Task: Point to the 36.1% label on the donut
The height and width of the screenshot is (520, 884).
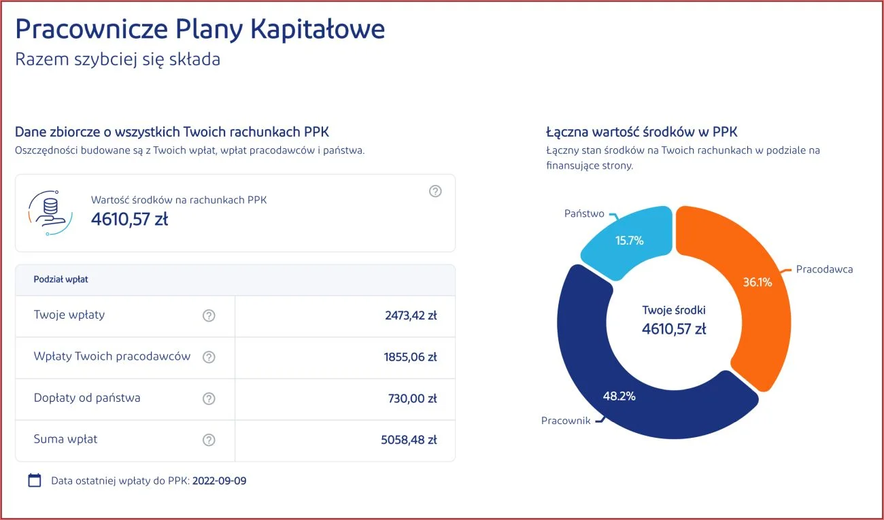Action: [758, 282]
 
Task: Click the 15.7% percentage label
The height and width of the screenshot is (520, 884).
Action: [630, 240]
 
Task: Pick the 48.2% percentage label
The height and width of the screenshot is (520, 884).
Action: [619, 396]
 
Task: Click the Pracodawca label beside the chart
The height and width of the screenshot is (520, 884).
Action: [824, 269]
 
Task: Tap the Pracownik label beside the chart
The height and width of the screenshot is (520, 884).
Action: [566, 421]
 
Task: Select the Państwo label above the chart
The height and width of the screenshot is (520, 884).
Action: [584, 213]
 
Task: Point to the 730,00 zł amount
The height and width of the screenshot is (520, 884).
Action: [412, 398]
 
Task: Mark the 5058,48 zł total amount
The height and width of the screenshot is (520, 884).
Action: [409, 440]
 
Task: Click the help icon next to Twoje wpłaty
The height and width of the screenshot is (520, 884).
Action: [209, 315]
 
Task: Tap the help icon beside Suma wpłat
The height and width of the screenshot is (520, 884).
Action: [209, 440]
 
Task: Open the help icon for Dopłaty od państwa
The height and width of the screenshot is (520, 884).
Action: [209, 398]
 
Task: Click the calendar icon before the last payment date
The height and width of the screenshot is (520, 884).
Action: [35, 481]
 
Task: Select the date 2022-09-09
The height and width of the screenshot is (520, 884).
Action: [220, 481]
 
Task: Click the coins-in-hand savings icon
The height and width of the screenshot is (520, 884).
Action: [50, 213]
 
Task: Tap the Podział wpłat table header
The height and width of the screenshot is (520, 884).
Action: [61, 279]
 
